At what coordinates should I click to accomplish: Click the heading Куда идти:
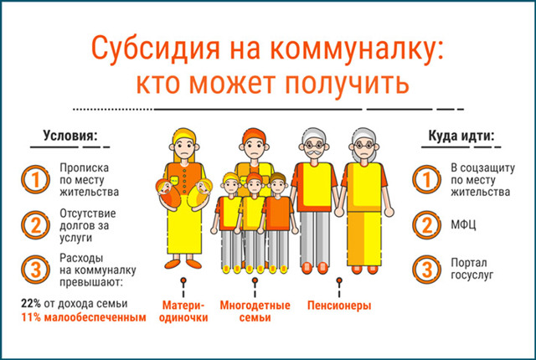[461, 136]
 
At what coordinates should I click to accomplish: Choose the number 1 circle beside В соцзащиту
[427, 179]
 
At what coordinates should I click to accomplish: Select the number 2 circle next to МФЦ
[427, 224]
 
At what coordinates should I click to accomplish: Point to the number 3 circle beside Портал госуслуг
[427, 270]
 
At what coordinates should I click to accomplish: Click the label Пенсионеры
[338, 306]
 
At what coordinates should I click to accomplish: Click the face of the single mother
[183, 144]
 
